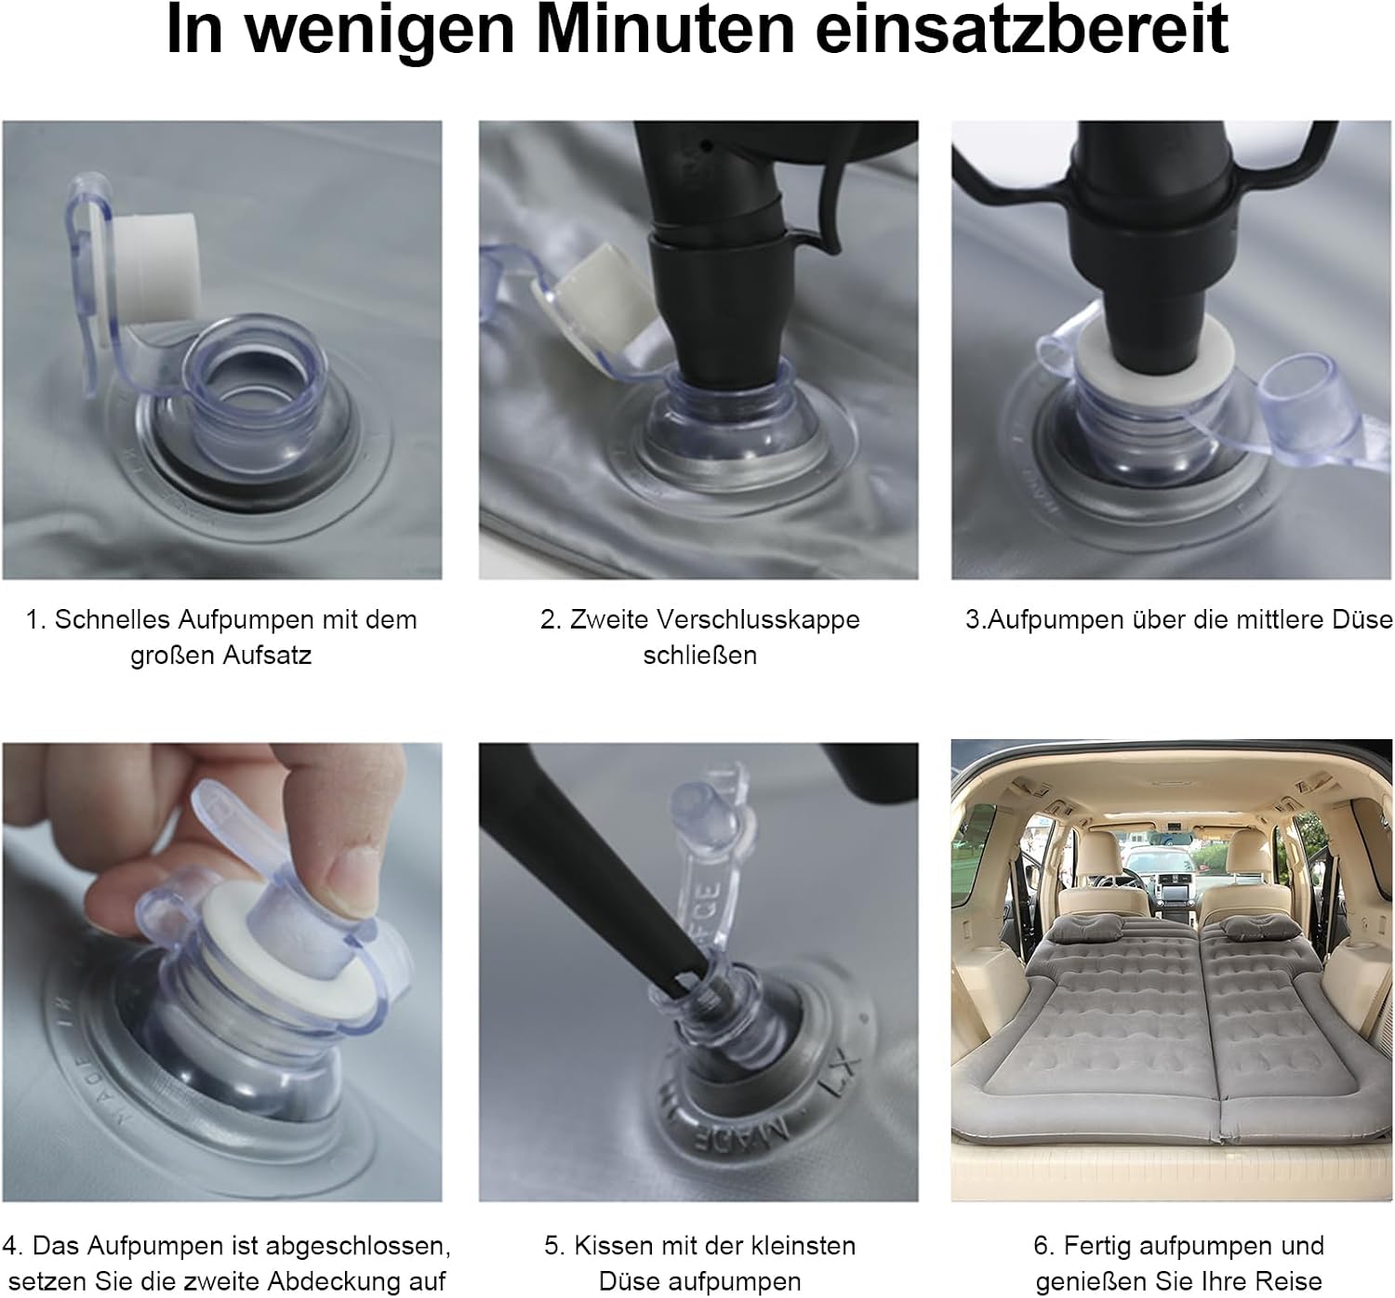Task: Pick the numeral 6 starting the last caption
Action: tap(1041, 1246)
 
